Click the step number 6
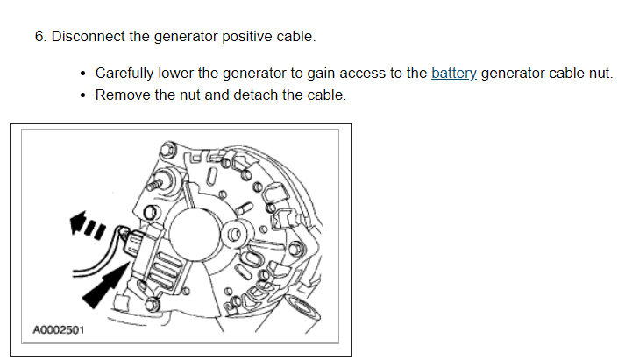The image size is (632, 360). click(x=39, y=37)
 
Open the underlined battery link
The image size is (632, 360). click(x=453, y=73)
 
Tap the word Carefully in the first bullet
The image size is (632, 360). click(x=125, y=73)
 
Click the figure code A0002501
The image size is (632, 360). click(x=59, y=331)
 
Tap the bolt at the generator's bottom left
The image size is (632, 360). click(x=153, y=302)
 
